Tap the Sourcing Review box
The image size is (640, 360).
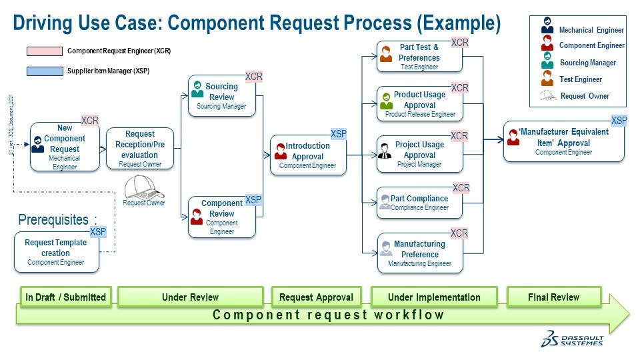click(221, 96)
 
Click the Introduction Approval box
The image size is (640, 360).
click(308, 155)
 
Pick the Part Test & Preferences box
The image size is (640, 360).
click(419, 57)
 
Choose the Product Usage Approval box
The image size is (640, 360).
click(420, 104)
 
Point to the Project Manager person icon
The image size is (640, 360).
click(384, 150)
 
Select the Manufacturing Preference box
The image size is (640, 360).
click(420, 253)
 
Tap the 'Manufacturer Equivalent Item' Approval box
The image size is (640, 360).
click(563, 141)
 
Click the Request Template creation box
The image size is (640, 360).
click(56, 252)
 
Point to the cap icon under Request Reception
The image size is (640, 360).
click(143, 186)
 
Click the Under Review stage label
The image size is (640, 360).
click(191, 297)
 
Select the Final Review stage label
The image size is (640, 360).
click(554, 297)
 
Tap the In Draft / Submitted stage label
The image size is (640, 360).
click(65, 297)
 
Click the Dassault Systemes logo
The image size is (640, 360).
click(572, 339)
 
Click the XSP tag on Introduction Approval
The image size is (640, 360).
click(339, 134)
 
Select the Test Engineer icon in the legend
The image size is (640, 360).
click(547, 78)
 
